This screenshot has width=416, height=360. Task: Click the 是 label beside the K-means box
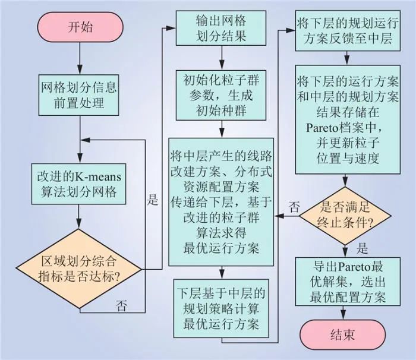[x=153, y=200]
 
